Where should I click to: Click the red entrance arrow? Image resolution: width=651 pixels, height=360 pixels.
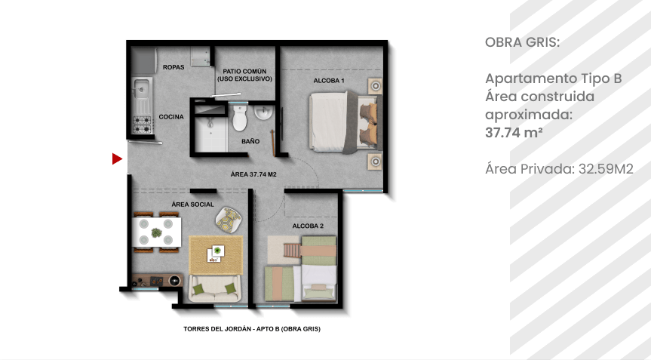(117, 158)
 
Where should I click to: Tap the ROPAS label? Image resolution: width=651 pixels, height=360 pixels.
(173, 67)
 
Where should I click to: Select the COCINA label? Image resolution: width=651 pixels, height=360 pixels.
(171, 117)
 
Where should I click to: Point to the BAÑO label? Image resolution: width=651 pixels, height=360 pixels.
(250, 142)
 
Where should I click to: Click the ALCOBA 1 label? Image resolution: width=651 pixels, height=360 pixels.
(329, 81)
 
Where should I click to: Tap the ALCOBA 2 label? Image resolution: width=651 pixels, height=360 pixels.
(308, 226)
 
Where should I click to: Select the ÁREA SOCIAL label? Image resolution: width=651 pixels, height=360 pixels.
(192, 205)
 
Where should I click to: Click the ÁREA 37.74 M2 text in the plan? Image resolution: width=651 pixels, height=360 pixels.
(253, 174)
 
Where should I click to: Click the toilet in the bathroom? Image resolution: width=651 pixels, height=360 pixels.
(240, 118)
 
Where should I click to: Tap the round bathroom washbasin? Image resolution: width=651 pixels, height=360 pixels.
(263, 112)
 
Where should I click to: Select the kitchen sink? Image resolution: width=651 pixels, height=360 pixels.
(142, 88)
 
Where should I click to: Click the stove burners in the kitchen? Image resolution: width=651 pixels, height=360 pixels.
(142, 125)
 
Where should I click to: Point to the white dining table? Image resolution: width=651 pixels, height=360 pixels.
(156, 232)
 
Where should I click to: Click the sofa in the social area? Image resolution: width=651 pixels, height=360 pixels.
(215, 288)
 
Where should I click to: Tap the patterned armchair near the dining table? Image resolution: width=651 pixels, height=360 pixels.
(228, 219)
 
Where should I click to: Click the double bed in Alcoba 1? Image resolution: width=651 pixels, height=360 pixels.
(345, 122)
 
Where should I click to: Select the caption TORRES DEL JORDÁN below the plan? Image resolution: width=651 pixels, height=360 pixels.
(217, 329)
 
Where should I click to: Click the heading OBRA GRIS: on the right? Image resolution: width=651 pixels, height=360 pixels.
(522, 42)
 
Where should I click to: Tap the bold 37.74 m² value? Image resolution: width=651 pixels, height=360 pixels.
(514, 133)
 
